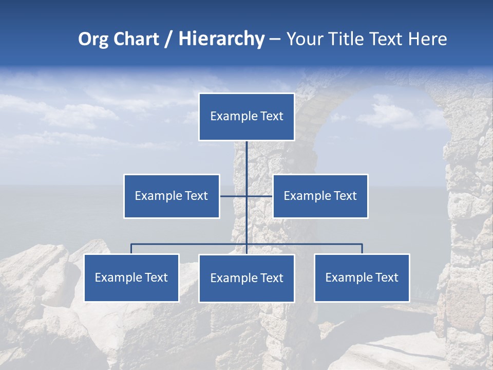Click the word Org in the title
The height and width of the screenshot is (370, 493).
(x=93, y=39)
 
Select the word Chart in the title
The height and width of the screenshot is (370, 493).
(x=136, y=39)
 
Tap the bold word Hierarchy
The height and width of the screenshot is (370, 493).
(x=221, y=39)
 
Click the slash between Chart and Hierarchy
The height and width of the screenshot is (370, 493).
(x=168, y=40)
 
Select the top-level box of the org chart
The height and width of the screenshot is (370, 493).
(x=246, y=117)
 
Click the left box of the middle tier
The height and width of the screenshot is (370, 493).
(x=172, y=196)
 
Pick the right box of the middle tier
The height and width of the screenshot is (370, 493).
(x=320, y=196)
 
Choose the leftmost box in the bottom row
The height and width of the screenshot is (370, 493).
(x=131, y=277)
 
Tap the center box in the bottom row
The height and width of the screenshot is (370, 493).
(x=246, y=278)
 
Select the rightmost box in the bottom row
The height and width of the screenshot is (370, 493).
(x=362, y=277)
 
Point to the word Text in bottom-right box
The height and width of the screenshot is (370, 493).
(x=387, y=277)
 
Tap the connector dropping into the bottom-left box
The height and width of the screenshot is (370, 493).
(x=131, y=249)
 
